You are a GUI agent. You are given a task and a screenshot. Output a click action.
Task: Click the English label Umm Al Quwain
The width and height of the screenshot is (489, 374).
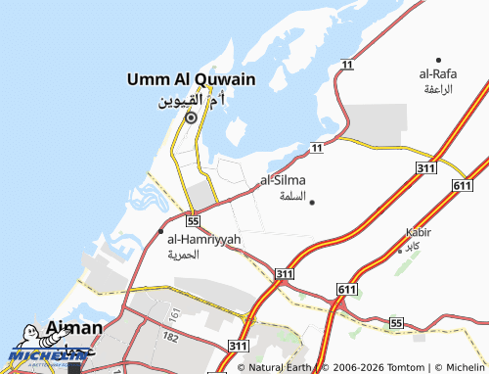(191, 79)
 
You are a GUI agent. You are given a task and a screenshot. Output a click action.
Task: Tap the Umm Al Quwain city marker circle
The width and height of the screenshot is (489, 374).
(191, 118)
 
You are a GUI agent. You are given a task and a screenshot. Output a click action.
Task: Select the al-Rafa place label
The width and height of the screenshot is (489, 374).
(438, 73)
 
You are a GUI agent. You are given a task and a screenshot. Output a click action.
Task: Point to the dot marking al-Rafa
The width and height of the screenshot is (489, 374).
(438, 60)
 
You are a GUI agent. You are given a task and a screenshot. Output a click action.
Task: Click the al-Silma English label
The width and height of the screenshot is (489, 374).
(283, 180)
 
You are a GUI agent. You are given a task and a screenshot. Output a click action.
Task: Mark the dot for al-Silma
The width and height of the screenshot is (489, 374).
(312, 202)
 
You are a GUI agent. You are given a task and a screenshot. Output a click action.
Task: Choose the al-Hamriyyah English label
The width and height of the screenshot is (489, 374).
(203, 239)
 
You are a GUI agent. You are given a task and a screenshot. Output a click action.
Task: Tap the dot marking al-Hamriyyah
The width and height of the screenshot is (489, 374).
(161, 231)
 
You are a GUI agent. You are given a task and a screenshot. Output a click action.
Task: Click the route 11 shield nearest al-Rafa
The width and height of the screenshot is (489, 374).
(346, 64)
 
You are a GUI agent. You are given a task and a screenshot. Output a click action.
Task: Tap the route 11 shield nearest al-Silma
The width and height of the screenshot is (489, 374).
(316, 147)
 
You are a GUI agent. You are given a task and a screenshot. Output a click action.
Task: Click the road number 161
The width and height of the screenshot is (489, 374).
(173, 314)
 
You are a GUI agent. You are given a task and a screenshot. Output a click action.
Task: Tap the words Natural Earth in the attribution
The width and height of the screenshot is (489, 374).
(281, 367)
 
